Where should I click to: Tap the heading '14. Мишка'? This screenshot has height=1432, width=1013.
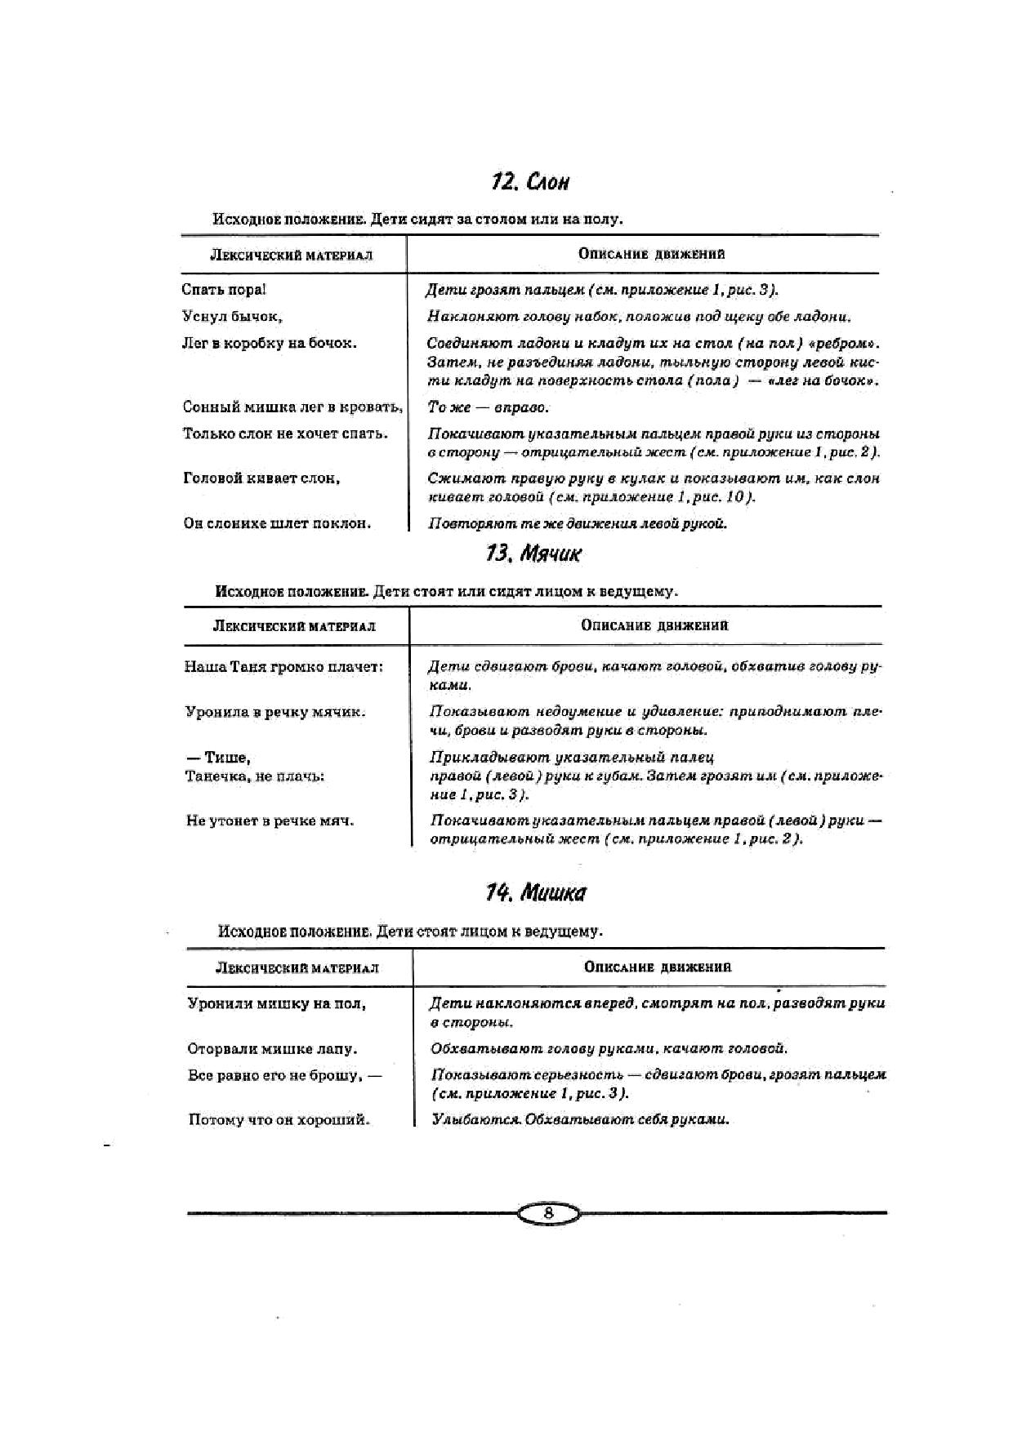535,892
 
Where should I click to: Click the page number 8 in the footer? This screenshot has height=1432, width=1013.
548,1213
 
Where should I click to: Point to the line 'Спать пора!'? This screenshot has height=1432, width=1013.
223,290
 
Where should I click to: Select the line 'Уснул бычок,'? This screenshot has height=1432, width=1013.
231,317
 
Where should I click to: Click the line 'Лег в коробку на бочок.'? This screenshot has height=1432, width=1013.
269,344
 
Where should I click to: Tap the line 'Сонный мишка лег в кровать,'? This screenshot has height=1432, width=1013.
292,407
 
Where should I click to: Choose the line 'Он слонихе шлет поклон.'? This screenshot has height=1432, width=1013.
277,523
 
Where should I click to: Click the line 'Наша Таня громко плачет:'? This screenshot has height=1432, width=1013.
283,667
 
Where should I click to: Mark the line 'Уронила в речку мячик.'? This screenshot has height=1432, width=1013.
275,712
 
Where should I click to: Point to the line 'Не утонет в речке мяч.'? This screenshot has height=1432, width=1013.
270,821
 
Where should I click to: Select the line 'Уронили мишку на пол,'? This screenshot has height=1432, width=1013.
276,1003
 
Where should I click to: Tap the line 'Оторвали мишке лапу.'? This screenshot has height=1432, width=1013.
272,1049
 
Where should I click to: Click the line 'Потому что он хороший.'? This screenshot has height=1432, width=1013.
279,1119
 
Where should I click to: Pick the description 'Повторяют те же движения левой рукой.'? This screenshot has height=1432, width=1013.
577,523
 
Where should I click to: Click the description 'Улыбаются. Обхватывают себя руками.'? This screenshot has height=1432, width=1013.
580,1119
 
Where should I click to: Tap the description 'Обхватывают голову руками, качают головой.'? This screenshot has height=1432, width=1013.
609,1049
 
